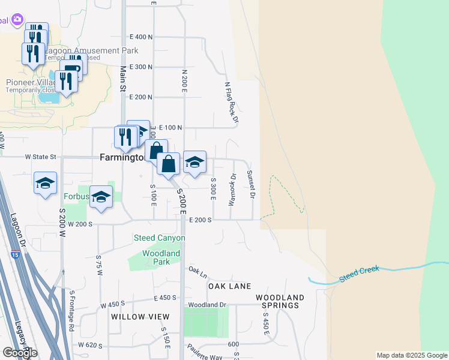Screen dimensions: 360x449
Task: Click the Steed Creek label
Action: coord(359,270)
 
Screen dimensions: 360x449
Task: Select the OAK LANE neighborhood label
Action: coord(229,286)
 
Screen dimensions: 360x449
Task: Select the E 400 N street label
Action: coord(140,37)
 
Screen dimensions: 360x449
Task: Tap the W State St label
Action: coord(40,157)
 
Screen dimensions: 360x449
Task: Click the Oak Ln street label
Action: coord(197,271)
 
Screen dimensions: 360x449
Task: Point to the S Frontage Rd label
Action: coord(71,311)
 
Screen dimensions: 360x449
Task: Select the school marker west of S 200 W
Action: coord(45,184)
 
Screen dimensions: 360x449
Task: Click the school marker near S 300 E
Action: coord(194,162)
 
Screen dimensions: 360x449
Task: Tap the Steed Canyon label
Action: coord(159,238)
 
